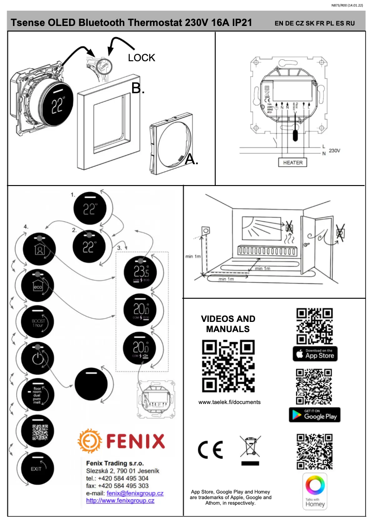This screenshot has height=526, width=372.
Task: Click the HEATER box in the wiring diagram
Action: (x=293, y=162)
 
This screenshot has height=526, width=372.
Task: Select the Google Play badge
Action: (x=314, y=415)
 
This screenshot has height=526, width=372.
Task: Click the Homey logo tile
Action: (x=315, y=492)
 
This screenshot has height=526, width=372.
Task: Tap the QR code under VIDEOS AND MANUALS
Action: (x=229, y=366)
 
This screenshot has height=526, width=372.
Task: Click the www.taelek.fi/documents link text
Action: (x=229, y=402)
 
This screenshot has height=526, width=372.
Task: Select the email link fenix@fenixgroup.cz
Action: (x=135, y=493)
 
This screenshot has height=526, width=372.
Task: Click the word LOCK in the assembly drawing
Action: (x=141, y=58)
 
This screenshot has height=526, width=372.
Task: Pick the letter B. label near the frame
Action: (x=138, y=88)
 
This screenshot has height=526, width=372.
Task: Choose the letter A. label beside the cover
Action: (x=192, y=160)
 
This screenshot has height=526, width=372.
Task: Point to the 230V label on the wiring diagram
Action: (x=334, y=151)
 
